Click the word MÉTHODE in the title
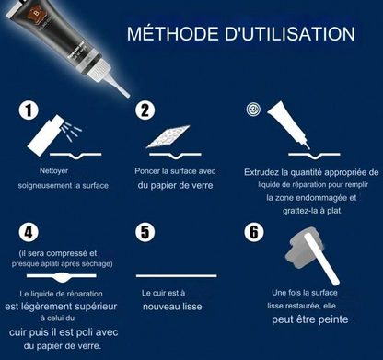tap(173, 33)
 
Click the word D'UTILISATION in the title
tap(290, 33)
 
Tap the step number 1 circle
tap(29, 110)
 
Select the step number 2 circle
tap(145, 110)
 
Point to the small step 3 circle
tap(253, 110)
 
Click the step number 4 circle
tap(29, 232)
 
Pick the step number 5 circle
tap(145, 232)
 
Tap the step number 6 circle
tap(254, 232)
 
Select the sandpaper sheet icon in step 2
tap(168, 136)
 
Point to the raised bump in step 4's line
tap(63, 277)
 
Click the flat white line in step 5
tap(177, 276)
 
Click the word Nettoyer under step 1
tap(53, 171)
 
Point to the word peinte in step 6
tap(333, 319)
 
